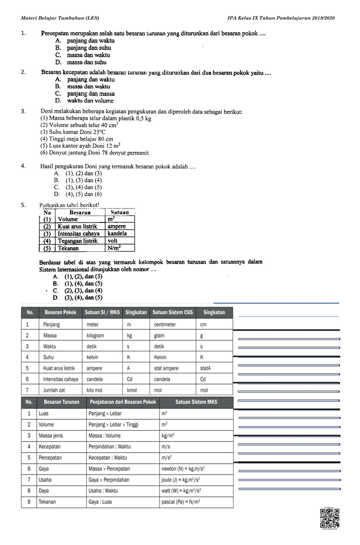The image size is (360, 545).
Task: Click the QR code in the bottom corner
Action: tap(330, 518)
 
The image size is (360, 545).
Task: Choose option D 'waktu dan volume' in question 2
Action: tap(90, 101)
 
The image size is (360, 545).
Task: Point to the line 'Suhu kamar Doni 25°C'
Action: tap(73, 132)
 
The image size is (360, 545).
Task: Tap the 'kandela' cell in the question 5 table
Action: tap(117, 233)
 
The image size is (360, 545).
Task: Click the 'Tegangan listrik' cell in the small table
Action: tap(78, 241)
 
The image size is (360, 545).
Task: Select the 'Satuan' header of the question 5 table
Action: tap(120, 212)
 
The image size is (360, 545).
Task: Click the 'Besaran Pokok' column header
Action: tap(60, 313)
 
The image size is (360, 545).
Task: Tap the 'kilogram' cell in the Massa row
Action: tap(95, 335)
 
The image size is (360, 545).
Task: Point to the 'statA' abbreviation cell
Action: tap(205, 368)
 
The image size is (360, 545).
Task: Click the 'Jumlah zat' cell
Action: tap(54, 390)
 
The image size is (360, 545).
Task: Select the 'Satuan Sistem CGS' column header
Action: tap(173, 313)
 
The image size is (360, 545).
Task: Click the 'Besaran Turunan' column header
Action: tap(62, 402)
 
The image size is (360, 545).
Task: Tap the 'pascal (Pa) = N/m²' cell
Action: tap(181, 502)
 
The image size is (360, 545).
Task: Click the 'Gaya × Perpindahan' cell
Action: tap(109, 480)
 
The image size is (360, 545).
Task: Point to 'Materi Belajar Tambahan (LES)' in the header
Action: tap(60, 18)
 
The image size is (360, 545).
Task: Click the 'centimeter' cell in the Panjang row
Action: tap(165, 325)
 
